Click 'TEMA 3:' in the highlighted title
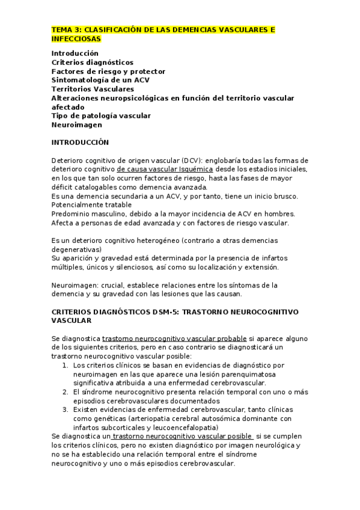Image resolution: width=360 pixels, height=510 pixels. tap(66, 29)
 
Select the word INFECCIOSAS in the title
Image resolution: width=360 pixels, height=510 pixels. tap(76, 38)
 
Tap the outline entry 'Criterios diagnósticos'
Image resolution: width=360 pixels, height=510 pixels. tap(92, 62)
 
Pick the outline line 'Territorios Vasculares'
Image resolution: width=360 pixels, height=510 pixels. tap(93, 89)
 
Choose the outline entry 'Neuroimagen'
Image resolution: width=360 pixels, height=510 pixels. tap(76, 125)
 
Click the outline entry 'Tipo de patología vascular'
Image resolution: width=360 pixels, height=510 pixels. tap(101, 115)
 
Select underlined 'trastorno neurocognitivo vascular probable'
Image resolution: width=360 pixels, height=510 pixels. tap(166, 338)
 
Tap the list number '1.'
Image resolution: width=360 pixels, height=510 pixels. tap(66, 365)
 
